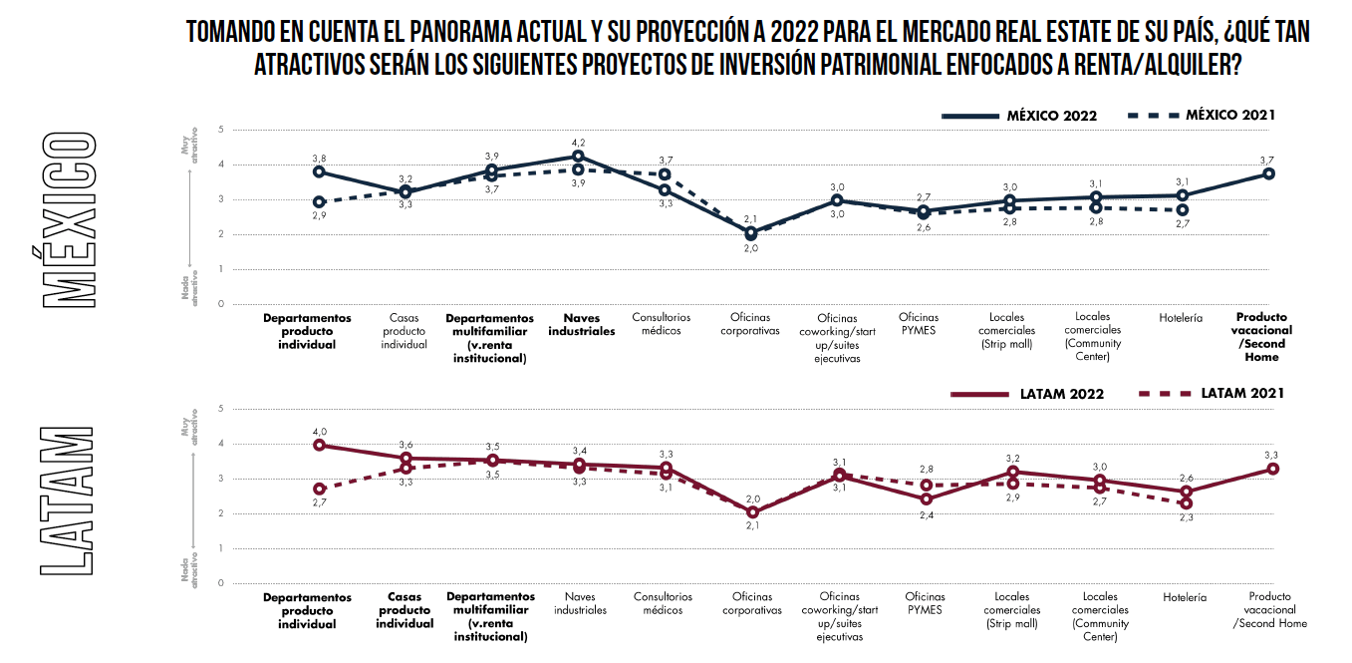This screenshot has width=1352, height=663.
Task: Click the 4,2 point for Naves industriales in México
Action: [x=578, y=157]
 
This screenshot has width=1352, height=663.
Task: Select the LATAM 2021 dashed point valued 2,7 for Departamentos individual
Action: [x=319, y=489]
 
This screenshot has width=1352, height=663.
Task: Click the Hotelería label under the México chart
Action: [x=1181, y=319]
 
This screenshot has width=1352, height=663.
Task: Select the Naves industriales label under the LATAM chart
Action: [x=580, y=603]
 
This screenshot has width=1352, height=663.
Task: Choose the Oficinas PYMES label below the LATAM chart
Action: [x=925, y=603]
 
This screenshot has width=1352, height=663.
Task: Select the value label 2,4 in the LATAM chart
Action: [x=926, y=515]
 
